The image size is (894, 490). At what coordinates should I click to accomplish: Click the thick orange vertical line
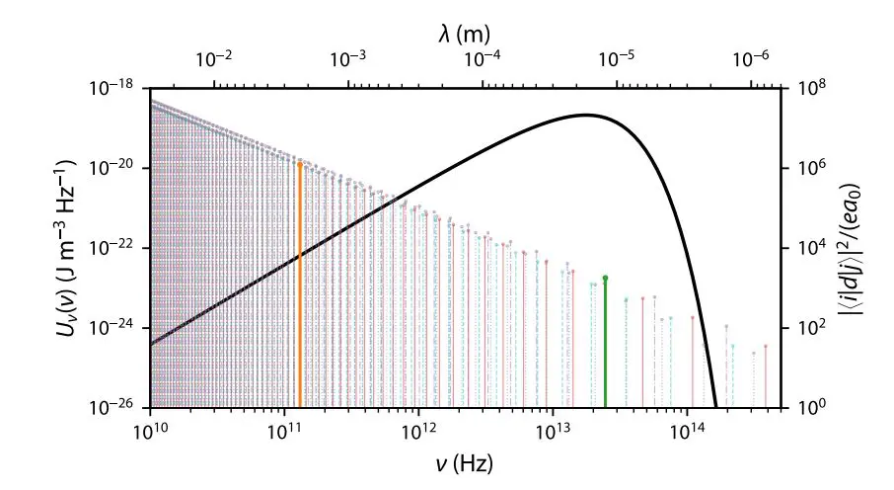pos(300,286)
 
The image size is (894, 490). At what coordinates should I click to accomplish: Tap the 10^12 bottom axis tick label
pos(418,431)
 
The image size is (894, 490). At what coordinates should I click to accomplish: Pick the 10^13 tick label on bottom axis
pos(553,431)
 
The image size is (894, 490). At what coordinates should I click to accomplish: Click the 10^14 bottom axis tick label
pos(687,431)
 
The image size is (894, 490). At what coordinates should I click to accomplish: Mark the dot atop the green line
pos(605,278)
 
